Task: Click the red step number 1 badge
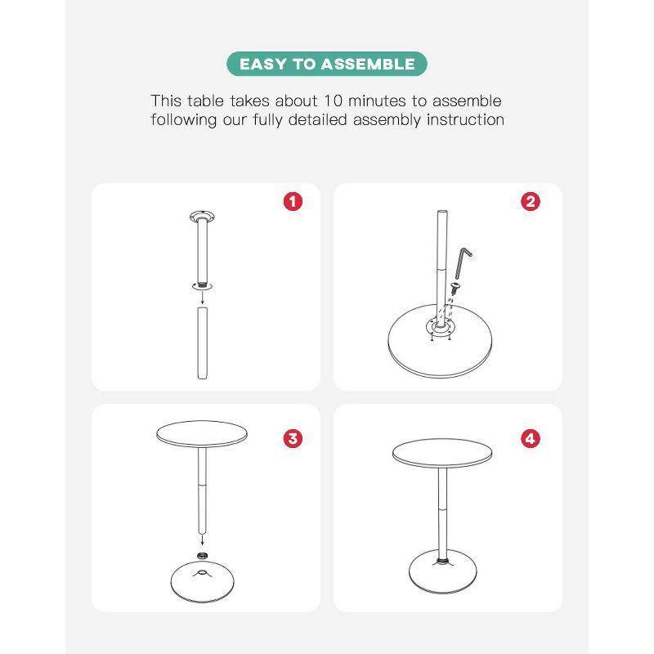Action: (x=293, y=201)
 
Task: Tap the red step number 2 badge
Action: (x=530, y=201)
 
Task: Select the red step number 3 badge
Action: (x=293, y=438)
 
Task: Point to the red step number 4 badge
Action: (x=530, y=438)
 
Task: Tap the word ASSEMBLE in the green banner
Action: (x=368, y=65)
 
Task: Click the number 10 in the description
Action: (x=333, y=101)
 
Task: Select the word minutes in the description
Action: (x=377, y=101)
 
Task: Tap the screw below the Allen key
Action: (x=454, y=288)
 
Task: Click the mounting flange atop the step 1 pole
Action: (x=202, y=217)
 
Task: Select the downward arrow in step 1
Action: (x=202, y=298)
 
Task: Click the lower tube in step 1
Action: (x=202, y=343)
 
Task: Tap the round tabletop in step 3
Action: (x=202, y=434)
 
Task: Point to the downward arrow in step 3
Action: (x=202, y=540)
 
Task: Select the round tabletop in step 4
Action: (x=442, y=454)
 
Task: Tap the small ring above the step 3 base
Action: (x=202, y=555)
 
